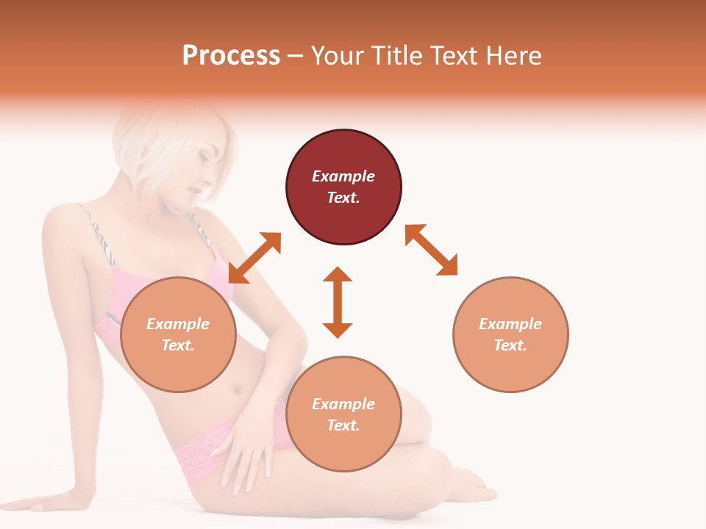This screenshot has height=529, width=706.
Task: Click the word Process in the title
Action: point(231,56)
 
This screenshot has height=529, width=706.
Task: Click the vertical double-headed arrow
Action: point(338,302)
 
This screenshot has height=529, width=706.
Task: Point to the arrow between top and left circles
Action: point(254,258)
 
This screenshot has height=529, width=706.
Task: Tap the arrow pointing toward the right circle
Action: point(431,250)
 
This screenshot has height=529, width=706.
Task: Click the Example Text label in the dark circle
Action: point(343,187)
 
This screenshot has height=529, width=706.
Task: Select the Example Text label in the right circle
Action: point(510,334)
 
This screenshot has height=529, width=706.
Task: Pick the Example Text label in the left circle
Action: point(178,334)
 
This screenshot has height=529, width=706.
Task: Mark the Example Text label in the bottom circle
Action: point(343,414)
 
